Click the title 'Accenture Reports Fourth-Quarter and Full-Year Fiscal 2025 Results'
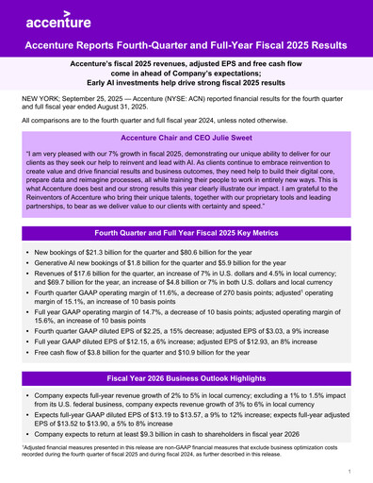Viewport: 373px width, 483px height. click(186, 44)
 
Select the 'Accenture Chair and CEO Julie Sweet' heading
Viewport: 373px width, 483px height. click(186, 138)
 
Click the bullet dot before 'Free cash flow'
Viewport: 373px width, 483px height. click(25, 362)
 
